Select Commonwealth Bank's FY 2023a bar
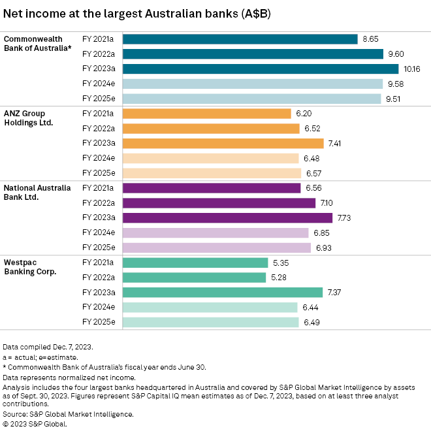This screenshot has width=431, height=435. click(x=260, y=69)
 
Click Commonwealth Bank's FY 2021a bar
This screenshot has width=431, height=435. click(x=240, y=39)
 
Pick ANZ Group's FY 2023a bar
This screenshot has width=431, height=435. click(x=223, y=143)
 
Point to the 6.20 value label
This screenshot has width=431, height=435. click(x=304, y=114)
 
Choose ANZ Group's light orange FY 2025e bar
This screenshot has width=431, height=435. click(x=212, y=173)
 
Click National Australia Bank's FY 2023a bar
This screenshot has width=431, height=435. click(x=227, y=217)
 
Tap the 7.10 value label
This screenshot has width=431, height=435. click(x=328, y=203)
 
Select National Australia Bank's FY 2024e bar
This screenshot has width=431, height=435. click(x=215, y=233)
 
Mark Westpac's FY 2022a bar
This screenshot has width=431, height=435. click(x=195, y=278)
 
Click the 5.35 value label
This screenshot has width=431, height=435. click(x=281, y=263)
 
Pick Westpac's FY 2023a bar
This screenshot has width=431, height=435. click(x=223, y=292)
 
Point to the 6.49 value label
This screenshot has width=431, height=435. click(x=311, y=322)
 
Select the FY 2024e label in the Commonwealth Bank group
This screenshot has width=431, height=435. click(x=98, y=84)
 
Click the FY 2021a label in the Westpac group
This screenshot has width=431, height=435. click(x=98, y=263)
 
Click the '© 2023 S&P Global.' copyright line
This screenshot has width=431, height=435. click(x=35, y=423)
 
